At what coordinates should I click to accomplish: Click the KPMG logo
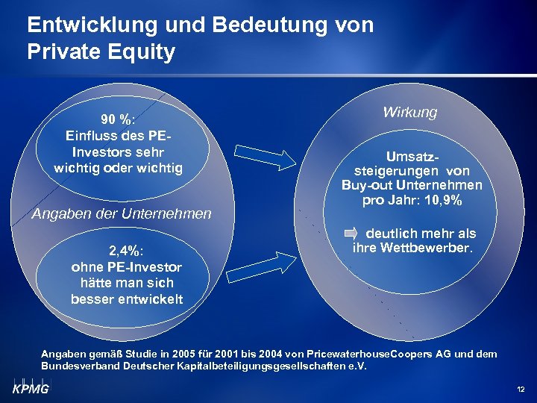point(30,387)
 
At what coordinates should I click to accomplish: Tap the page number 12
point(521,390)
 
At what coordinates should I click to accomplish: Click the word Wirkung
point(409,112)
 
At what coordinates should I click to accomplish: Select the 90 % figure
point(116,120)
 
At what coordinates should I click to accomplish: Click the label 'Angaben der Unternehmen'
point(122,214)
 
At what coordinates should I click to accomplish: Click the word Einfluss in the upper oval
point(92,136)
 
